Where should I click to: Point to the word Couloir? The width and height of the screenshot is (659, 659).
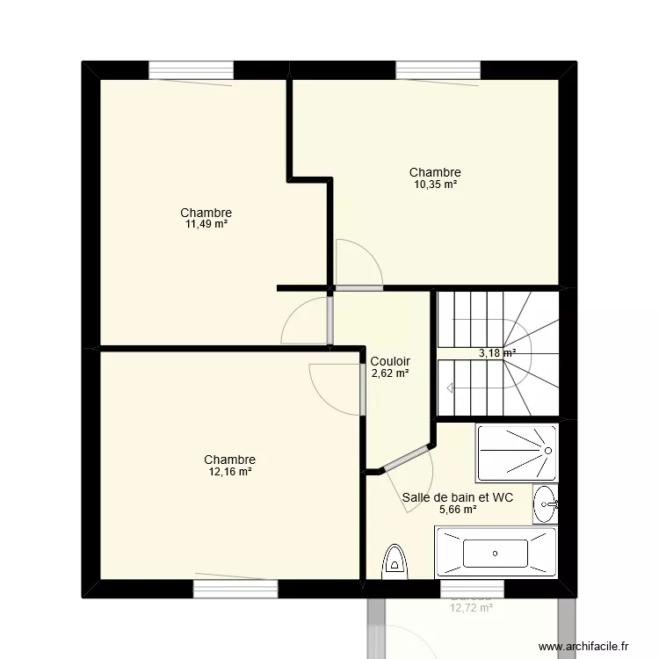click(x=390, y=361)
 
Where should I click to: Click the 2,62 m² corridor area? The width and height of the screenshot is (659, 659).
click(x=390, y=373)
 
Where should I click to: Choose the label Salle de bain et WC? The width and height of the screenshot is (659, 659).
click(x=457, y=497)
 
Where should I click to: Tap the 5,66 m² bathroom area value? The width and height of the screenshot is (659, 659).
click(x=457, y=510)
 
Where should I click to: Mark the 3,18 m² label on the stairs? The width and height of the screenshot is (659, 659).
click(x=496, y=353)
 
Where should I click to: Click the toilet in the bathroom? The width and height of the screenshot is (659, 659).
click(x=394, y=561)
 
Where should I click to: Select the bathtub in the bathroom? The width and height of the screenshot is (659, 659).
click(x=496, y=553)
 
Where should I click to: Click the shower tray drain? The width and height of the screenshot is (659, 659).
click(x=547, y=451)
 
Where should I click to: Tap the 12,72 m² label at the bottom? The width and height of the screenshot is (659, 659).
click(x=471, y=606)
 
